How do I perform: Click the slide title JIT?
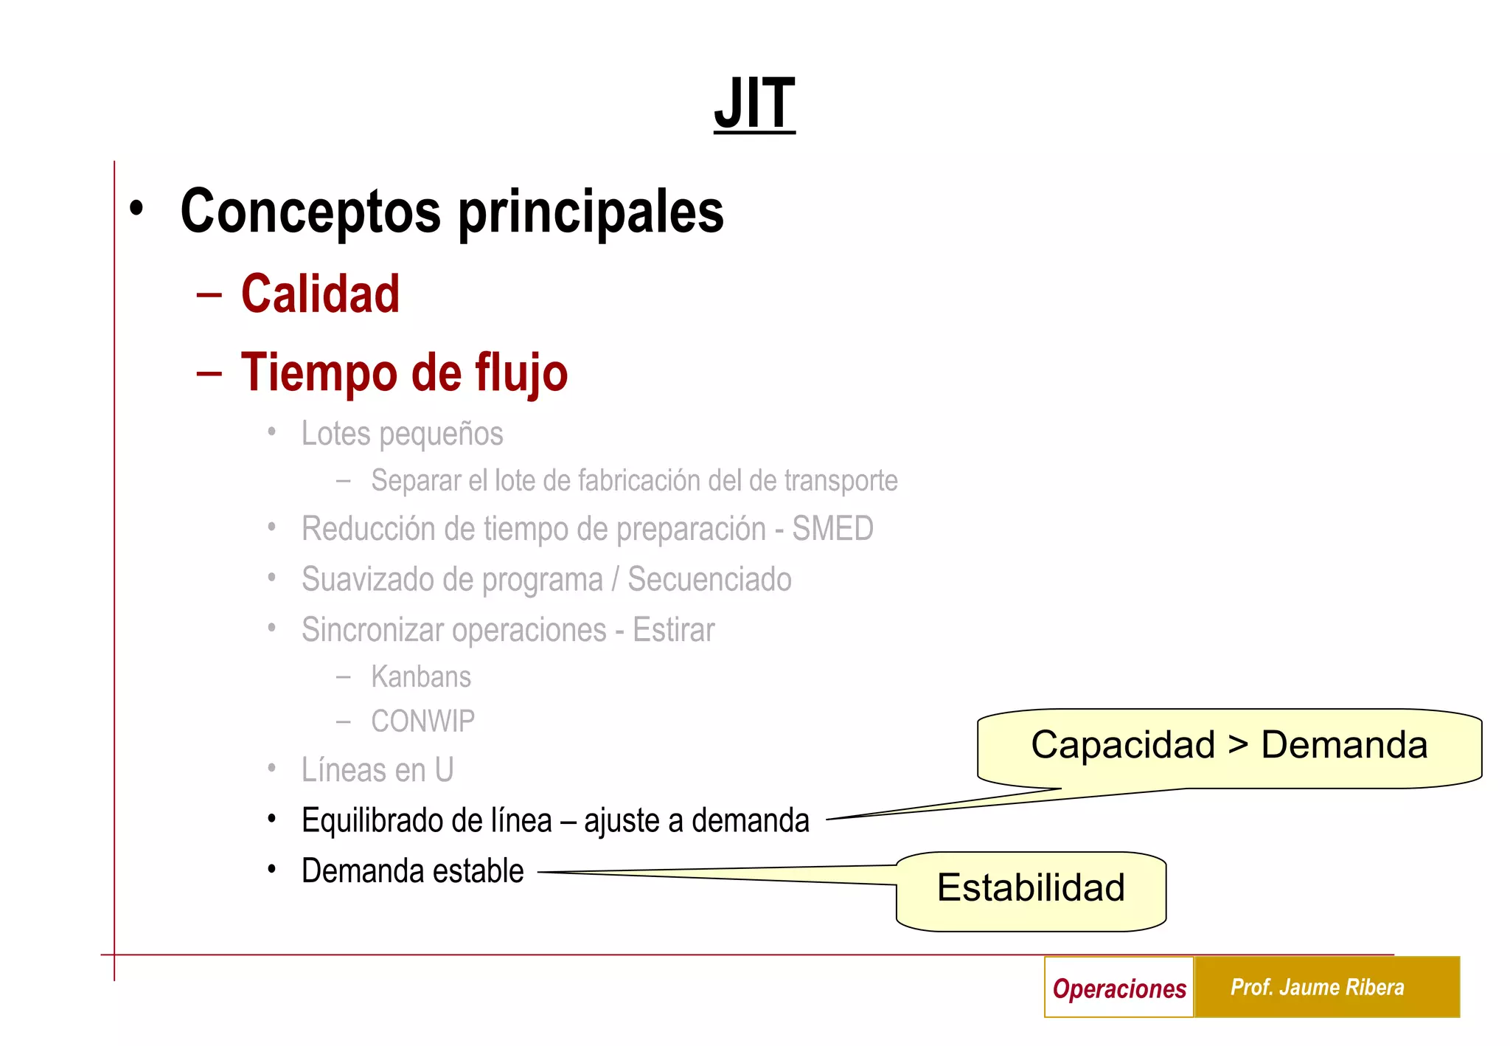[754, 103]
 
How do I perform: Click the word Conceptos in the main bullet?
[310, 212]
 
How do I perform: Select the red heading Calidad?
[320, 294]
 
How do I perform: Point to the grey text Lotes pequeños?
[402, 434]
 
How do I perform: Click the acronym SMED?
[832, 529]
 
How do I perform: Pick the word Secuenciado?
[709, 580]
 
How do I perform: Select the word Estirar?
[673, 631]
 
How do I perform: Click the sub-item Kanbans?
[421, 676]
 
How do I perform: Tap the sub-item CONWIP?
[422, 721]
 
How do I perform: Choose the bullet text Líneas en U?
[377, 770]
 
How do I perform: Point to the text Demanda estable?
[412, 871]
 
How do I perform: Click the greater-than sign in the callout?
[1238, 744]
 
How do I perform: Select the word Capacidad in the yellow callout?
[1122, 744]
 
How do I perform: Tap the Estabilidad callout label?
[1031, 887]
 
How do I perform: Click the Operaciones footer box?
[1119, 988]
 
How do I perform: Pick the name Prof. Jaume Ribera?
[1317, 988]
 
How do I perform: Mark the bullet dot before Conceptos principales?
[136, 209]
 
